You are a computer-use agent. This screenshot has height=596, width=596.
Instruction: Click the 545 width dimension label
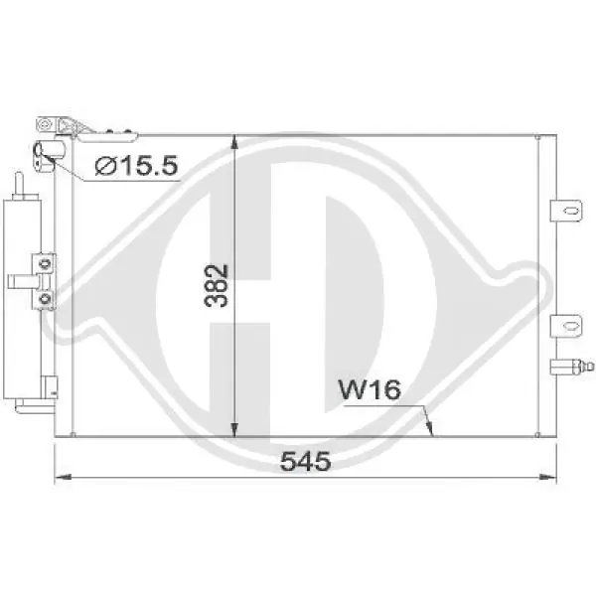[x=305, y=461]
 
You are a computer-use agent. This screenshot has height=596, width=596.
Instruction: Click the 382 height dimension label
[x=217, y=285]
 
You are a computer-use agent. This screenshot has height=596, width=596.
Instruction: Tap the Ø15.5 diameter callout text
[x=136, y=166]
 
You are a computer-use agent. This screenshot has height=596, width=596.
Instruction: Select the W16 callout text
[x=370, y=389]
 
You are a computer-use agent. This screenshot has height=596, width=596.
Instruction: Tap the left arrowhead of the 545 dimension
[x=64, y=476]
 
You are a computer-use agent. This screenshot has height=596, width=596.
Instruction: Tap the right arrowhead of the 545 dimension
[x=548, y=477]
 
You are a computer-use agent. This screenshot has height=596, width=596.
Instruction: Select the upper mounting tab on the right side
[x=566, y=211]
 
